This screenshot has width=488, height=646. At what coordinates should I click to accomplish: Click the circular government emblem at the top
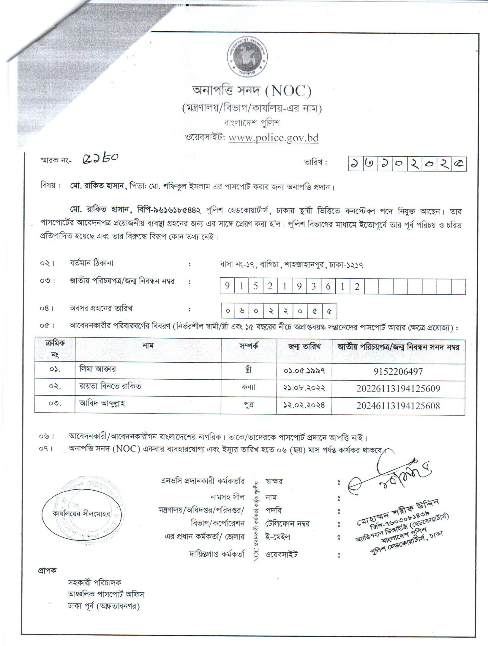(x=249, y=57)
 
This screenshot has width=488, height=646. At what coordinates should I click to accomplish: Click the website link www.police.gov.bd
(x=273, y=138)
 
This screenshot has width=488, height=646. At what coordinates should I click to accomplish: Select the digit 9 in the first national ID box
(x=227, y=286)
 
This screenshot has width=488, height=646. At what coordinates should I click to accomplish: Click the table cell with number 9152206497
(x=398, y=371)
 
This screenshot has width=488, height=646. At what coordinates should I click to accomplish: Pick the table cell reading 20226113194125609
(x=398, y=389)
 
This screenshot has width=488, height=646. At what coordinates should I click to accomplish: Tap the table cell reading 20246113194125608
(x=398, y=406)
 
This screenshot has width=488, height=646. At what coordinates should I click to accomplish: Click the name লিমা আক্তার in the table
(x=98, y=369)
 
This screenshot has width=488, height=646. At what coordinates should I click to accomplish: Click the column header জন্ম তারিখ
(x=304, y=347)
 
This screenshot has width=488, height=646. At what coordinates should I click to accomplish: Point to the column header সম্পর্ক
(x=249, y=346)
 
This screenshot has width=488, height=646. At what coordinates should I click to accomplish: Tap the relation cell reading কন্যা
(x=249, y=387)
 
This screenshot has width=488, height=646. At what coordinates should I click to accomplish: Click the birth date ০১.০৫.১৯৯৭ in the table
(x=304, y=371)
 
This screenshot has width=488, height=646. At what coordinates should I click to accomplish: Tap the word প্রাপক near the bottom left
(x=47, y=571)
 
